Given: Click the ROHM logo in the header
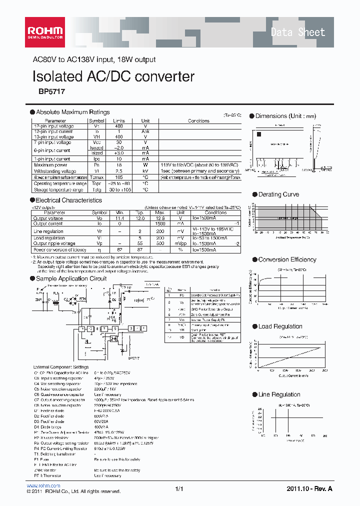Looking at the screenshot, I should tap(45, 31).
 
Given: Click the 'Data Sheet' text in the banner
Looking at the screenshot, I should tap(297, 32).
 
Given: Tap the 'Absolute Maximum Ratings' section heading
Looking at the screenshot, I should tap(73, 112).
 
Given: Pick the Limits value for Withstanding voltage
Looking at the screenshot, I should tap(118, 170).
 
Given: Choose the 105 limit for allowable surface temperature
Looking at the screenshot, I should tap(118, 177).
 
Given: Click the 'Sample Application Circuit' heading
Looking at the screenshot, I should tap(71, 278).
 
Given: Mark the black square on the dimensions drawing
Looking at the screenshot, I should tap(259, 134).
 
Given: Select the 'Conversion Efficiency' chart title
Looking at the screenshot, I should tap(287, 259).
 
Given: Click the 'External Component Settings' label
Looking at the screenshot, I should tap(61, 367).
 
